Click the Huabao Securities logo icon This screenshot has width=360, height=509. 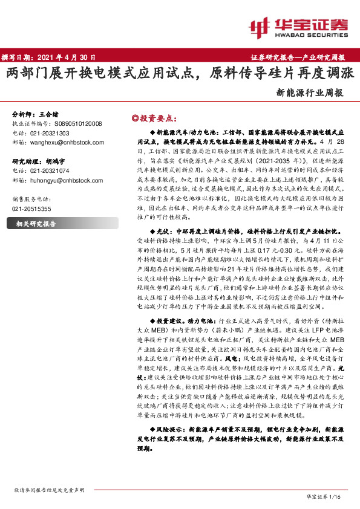pyautogui.click(x=259, y=26)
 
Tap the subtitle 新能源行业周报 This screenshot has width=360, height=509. pyautogui.click(x=310, y=93)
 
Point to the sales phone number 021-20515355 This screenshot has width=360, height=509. pyautogui.click(x=32, y=209)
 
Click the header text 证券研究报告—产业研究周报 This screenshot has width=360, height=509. pyautogui.click(x=298, y=57)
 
